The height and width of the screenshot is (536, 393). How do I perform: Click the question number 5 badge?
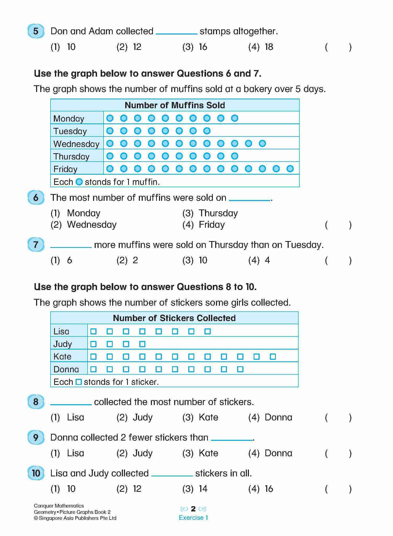click(36, 31)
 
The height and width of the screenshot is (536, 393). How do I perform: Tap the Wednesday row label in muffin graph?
click(76, 144)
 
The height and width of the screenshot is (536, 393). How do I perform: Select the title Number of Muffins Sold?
click(175, 105)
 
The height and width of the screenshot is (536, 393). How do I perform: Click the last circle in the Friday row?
click(290, 169)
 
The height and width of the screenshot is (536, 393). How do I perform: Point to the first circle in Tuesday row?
click(110, 131)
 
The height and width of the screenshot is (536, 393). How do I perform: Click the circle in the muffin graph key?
click(79, 182)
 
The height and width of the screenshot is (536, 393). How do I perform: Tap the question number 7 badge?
click(36, 245)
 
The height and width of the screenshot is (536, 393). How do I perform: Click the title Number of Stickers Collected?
click(174, 318)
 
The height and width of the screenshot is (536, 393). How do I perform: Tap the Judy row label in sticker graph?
click(62, 344)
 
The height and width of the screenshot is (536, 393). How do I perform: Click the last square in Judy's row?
click(142, 344)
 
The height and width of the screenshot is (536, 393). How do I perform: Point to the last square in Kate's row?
click(273, 357)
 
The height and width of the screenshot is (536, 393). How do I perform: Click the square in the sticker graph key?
click(78, 382)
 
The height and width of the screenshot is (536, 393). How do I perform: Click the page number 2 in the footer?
click(193, 509)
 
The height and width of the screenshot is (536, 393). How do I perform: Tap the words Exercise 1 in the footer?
click(193, 518)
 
